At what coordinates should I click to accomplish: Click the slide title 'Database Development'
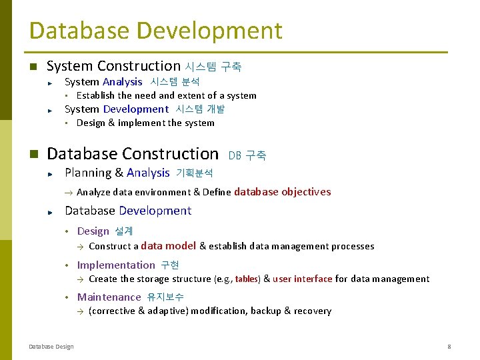155,31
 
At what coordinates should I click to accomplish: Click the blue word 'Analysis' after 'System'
122,82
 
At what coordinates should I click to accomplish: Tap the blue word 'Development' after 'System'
135,109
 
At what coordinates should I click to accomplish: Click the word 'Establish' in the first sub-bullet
96,95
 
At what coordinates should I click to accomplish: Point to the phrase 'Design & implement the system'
145,123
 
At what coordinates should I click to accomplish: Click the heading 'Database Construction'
133,154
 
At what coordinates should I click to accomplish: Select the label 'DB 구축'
247,155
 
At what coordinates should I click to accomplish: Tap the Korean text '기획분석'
194,173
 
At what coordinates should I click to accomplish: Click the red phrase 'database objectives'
282,192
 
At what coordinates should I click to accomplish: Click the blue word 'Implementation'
116,265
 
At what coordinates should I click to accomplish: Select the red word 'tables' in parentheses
246,279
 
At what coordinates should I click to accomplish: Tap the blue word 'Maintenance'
109,297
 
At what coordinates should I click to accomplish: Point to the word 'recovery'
312,311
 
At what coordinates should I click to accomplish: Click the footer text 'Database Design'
51,346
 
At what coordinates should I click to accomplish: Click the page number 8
449,346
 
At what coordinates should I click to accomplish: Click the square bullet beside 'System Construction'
33,67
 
